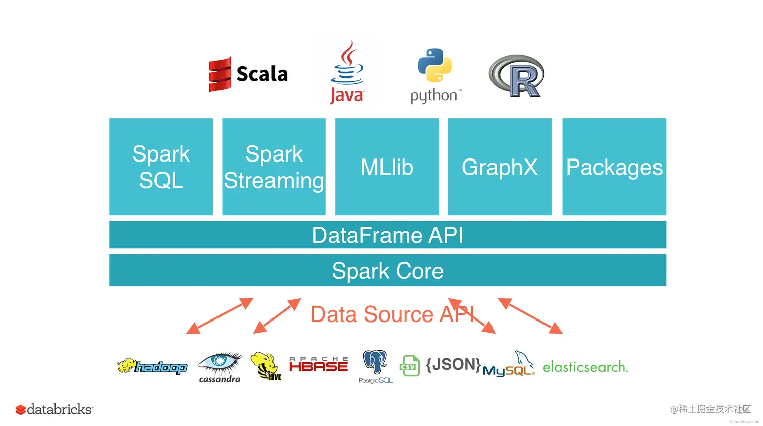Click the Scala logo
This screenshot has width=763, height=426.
[248, 74]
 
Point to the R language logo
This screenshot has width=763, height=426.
[517, 76]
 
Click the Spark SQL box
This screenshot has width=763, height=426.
[161, 167]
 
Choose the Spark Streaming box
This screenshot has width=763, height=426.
[274, 167]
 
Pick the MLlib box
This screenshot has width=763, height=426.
[387, 167]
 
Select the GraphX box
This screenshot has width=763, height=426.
[500, 167]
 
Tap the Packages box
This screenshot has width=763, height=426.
[614, 167]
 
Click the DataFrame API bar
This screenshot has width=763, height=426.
[388, 235]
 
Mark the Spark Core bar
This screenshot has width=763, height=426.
[388, 271]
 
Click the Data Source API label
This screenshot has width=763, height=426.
[392, 314]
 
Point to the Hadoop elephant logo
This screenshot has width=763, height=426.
[152, 366]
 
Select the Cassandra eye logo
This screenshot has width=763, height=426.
[220, 367]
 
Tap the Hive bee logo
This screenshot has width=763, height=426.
[266, 366]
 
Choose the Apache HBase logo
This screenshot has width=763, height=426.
[318, 364]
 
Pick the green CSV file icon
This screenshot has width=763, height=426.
[409, 366]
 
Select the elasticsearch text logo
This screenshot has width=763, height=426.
[585, 367]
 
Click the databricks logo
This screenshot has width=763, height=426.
[54, 409]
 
